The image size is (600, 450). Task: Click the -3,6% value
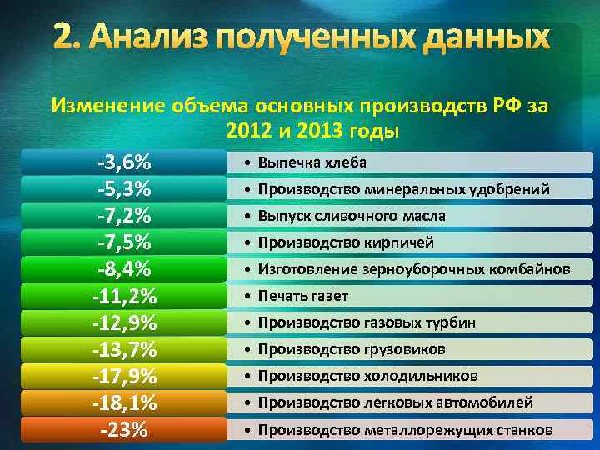[x=123, y=162]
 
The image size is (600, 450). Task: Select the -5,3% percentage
[x=123, y=188]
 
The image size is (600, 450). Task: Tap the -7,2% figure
[x=123, y=215]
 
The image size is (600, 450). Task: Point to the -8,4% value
[x=123, y=269]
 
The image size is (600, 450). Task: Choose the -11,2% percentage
[x=123, y=296]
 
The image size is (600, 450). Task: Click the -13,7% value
[x=123, y=349]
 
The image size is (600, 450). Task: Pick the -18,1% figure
[x=123, y=403]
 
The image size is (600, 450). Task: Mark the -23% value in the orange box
[x=123, y=430]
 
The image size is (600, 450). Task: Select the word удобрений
[x=510, y=189]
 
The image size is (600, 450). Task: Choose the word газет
[x=328, y=296]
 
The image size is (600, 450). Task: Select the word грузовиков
[x=403, y=349]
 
